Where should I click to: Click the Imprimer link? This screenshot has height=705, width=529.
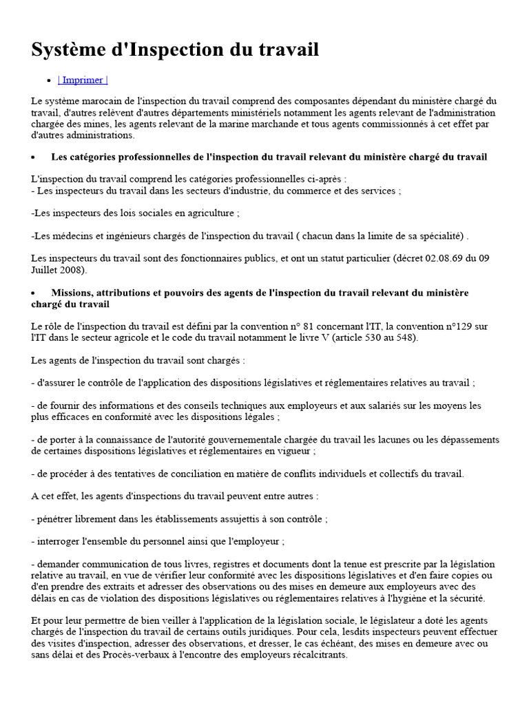tap(83, 80)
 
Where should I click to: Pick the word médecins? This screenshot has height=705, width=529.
tap(67, 236)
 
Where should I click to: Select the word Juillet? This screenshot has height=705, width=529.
tap(47, 271)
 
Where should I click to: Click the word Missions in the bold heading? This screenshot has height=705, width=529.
tap(74, 293)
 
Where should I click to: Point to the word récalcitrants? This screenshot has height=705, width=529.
tap(313, 655)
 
